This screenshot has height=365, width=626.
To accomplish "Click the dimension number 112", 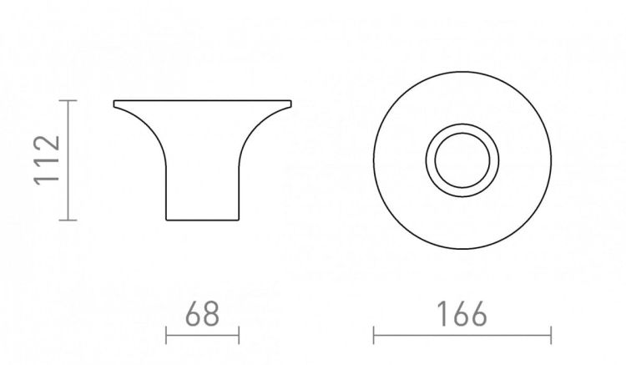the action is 47,160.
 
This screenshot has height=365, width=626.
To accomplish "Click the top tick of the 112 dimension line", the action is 68,100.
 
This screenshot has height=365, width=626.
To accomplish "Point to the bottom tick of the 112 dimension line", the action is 68,220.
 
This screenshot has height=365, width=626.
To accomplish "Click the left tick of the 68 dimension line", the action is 166,335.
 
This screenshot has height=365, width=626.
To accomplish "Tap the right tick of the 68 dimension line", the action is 239,335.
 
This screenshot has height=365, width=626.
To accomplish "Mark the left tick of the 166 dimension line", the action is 374,335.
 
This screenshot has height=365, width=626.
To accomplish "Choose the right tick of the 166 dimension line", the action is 551,335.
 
